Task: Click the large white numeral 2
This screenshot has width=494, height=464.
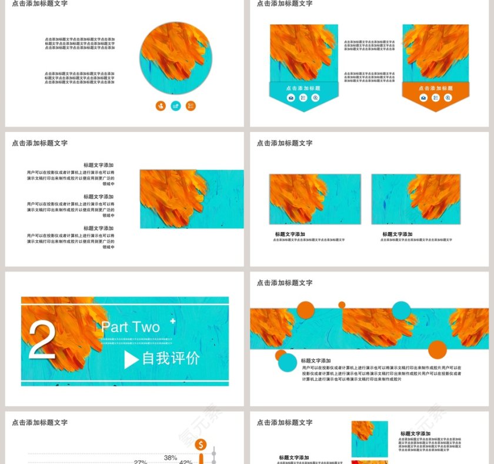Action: click(x=42, y=340)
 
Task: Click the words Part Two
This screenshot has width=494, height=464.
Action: click(x=130, y=327)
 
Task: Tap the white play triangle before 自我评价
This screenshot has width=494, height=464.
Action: click(x=131, y=359)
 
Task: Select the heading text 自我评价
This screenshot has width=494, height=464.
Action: click(x=171, y=358)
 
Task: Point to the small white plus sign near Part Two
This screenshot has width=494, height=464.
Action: click(x=172, y=322)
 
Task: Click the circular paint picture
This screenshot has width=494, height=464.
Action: click(x=176, y=58)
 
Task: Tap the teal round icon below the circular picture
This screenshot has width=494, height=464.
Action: click(x=175, y=106)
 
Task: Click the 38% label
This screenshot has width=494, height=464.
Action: click(x=171, y=458)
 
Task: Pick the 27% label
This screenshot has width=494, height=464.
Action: click(x=141, y=462)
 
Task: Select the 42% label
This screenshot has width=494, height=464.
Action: click(x=185, y=462)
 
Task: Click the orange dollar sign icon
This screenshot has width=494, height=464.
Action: click(x=201, y=445)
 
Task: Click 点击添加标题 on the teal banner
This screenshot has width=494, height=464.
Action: click(x=303, y=88)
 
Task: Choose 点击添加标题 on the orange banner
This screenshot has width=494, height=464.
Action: click(x=436, y=88)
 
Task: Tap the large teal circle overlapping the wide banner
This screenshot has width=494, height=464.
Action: click(x=401, y=310)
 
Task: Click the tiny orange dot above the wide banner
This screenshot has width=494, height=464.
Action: click(x=342, y=304)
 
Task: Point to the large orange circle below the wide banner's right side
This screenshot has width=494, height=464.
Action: click(x=437, y=350)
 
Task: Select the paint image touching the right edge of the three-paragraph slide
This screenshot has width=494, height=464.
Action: click(x=192, y=199)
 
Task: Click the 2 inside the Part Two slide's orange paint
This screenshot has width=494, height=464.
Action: click(x=42, y=340)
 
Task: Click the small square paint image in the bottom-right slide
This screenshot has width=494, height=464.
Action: click(x=369, y=439)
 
